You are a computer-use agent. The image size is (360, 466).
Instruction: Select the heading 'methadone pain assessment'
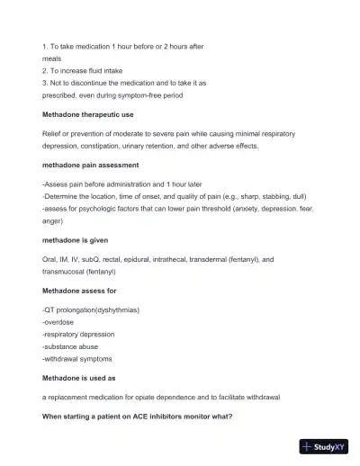click(90, 165)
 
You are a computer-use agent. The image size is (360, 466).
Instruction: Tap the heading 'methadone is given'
click(76, 240)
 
